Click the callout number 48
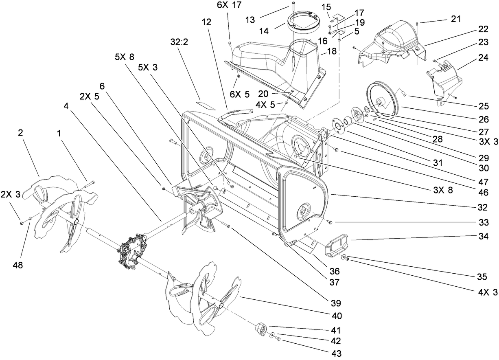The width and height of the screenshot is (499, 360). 18,265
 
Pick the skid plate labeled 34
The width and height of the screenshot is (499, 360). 336,245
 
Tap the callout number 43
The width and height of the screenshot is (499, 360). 336,353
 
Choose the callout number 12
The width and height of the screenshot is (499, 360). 206,22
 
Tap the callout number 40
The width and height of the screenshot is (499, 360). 336,316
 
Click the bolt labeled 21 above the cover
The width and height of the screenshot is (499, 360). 418,24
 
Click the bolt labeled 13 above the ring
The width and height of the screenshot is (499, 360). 293,6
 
